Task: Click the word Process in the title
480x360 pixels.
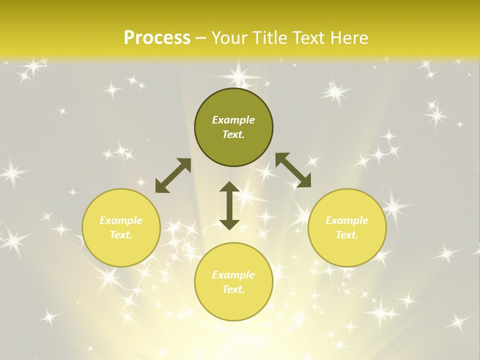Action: [x=157, y=38]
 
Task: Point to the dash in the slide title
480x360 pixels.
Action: [x=201, y=38]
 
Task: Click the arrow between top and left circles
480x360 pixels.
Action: [x=173, y=175]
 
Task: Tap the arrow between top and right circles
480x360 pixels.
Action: [x=293, y=170]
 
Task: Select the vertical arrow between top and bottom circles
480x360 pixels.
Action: [x=229, y=205]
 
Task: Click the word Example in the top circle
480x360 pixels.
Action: [x=233, y=120]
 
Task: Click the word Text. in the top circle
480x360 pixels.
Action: [x=233, y=134]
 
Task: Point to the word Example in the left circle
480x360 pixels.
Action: [x=121, y=220]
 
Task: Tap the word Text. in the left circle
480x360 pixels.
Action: [x=121, y=235]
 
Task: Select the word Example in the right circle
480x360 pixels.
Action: [x=347, y=220]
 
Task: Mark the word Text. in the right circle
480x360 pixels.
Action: [x=347, y=235]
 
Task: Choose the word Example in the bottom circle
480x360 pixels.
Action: [x=233, y=275]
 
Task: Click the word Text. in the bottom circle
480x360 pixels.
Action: [x=233, y=289]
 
